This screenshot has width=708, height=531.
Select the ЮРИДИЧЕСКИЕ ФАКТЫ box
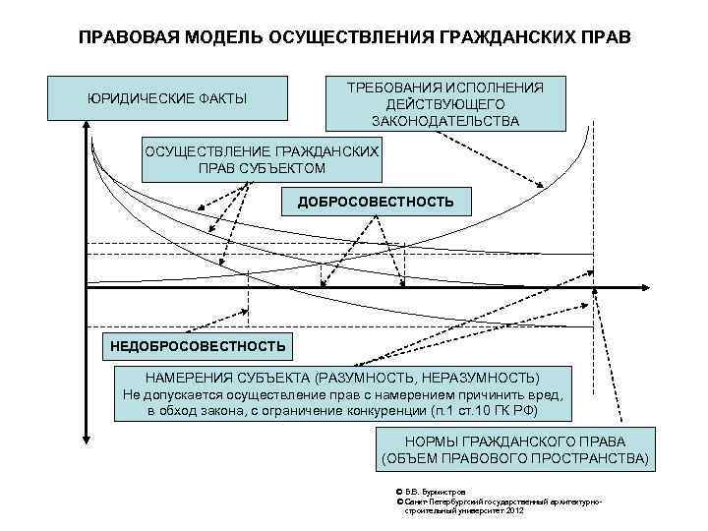168,99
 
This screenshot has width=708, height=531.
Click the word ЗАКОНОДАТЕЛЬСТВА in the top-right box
445,121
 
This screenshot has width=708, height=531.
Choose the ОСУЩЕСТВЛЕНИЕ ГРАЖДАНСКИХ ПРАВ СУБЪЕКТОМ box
261,158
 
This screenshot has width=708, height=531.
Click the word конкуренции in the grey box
382,408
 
